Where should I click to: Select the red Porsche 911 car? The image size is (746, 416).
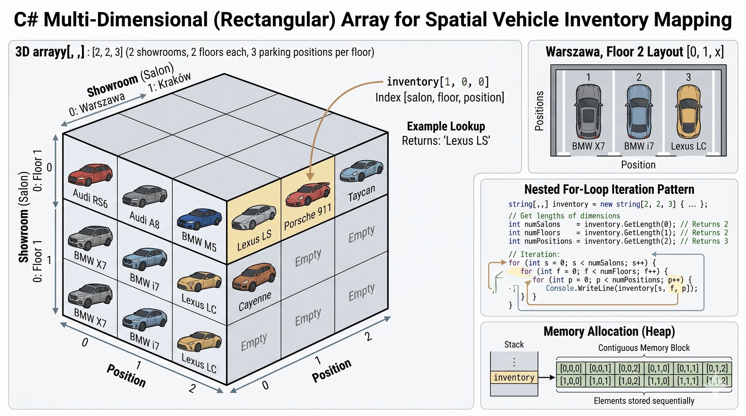pos(307,194)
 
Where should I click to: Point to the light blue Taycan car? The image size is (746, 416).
pos(361,170)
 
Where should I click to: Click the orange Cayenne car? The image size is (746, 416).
pos(254,277)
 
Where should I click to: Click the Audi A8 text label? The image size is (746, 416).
pos(145,220)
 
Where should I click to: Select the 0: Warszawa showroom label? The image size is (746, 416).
pos(97,104)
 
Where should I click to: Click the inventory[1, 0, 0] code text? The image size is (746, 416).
pos(438,82)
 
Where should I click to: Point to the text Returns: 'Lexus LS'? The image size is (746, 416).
pos(446,141)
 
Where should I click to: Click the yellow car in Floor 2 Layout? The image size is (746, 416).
pos(688,110)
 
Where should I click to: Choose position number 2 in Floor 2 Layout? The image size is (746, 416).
pos(639,77)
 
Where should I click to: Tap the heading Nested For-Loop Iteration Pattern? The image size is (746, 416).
pos(609,190)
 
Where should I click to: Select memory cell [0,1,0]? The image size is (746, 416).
pos(658,368)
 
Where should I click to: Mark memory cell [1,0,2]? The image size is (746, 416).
pos(629,381)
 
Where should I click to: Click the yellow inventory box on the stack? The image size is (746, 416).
pos(514,377)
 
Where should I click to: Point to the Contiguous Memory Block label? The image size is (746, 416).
pos(644,348)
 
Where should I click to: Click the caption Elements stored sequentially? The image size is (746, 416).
pos(644,401)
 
